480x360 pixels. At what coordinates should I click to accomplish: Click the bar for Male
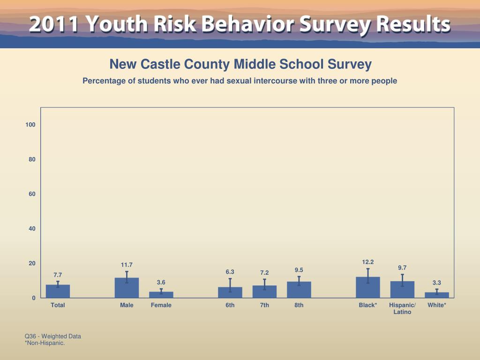coord(127,288)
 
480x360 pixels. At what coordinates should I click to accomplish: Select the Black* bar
coord(368,287)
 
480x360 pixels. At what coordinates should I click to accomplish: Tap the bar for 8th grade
coord(299,290)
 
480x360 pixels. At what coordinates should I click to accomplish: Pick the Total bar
coord(58,291)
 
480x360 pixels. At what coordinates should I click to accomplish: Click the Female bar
coord(161,295)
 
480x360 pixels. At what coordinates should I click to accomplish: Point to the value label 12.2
coord(368,262)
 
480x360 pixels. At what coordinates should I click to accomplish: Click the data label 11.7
coord(127,265)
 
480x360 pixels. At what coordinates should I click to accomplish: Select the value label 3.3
coord(437,283)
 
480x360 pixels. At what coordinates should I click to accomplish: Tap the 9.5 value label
coord(299,270)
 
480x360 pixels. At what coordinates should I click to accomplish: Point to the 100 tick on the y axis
coord(30,125)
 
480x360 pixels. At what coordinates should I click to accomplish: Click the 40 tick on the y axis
coord(32,229)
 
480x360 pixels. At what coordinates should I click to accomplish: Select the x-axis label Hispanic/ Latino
coord(402,308)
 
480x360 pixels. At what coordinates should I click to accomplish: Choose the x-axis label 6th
coord(230,305)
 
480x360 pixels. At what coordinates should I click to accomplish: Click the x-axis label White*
coord(437,305)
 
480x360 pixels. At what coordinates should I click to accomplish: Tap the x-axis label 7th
coord(264,305)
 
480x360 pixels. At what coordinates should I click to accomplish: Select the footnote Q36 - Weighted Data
coord(53,336)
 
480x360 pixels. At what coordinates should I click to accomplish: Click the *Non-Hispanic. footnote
coord(45,343)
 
